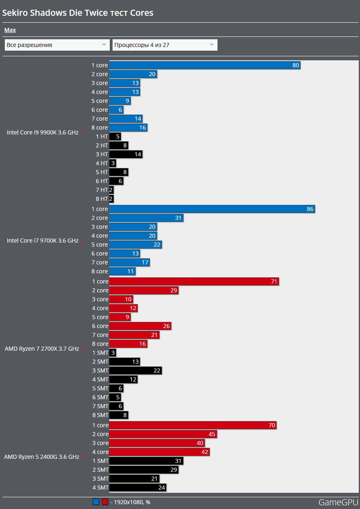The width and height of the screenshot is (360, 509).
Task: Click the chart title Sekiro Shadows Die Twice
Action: click(78, 13)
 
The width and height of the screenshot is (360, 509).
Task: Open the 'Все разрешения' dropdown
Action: click(57, 45)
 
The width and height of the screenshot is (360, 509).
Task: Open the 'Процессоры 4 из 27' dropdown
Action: click(165, 45)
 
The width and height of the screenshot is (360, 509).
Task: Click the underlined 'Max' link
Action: click(10, 30)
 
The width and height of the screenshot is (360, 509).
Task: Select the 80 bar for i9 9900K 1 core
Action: click(204, 65)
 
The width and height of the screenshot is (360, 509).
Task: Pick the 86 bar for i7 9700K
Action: click(212, 209)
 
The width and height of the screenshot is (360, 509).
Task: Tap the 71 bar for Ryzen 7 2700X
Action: click(194, 281)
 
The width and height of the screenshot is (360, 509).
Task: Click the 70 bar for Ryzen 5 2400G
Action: click(193, 425)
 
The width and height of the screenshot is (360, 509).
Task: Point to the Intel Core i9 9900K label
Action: click(43, 132)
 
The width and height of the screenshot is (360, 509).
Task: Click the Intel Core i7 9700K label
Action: click(43, 241)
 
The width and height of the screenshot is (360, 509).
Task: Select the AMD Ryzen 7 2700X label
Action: click(42, 349)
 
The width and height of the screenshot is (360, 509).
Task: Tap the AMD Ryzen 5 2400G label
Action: click(42, 457)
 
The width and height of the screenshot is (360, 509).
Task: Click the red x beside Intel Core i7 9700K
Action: click(82, 241)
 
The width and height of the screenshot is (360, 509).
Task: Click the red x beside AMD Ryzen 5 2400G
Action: click(83, 457)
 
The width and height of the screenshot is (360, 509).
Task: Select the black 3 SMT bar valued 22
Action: click(135, 371)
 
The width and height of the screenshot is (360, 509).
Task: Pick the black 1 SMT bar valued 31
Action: click(146, 461)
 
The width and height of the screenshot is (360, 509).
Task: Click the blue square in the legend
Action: click(96, 502)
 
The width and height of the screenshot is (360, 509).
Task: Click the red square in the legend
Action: click(105, 502)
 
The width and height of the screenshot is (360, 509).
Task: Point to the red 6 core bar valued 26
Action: click(140, 326)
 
